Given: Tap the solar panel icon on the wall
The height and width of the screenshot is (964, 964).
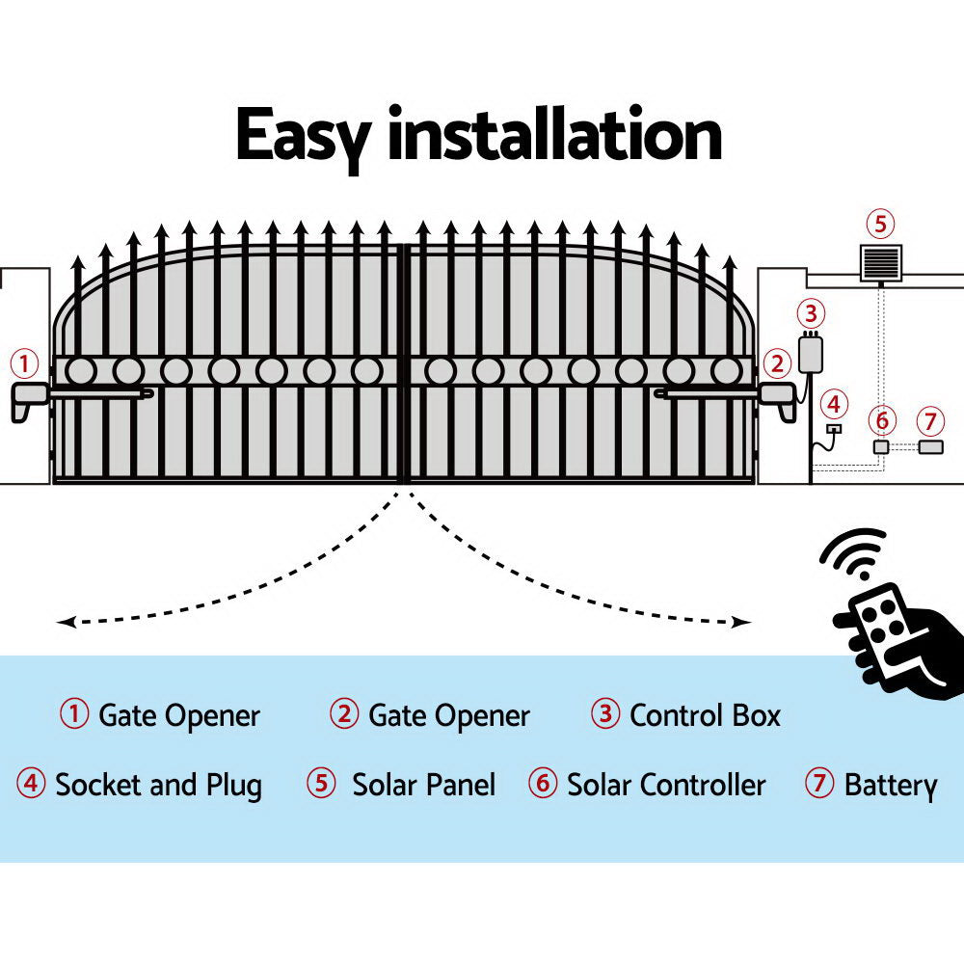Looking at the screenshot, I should (x=880, y=262).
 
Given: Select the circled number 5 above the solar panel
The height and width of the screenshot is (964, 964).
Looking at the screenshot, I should (x=879, y=225).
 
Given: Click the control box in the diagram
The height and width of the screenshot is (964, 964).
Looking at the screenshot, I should (x=811, y=354).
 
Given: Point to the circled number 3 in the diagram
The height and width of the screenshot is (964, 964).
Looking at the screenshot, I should (x=811, y=313).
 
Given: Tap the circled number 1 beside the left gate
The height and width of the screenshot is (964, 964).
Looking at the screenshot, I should (x=24, y=364).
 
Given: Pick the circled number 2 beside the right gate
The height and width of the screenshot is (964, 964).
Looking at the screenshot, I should (x=776, y=364).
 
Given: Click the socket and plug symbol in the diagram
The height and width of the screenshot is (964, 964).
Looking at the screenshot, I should (x=833, y=430).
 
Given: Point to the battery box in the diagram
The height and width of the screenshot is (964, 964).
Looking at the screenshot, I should (x=929, y=447).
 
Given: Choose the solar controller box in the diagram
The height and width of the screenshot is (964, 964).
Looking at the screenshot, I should (x=880, y=447).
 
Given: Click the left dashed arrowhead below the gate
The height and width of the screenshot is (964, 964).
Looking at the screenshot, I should (x=64, y=623).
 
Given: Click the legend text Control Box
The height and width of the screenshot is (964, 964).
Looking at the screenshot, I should (x=704, y=716).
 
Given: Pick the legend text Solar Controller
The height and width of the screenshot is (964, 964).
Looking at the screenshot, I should (x=665, y=785).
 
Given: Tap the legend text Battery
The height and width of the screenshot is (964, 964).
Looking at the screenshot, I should (x=890, y=785).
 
